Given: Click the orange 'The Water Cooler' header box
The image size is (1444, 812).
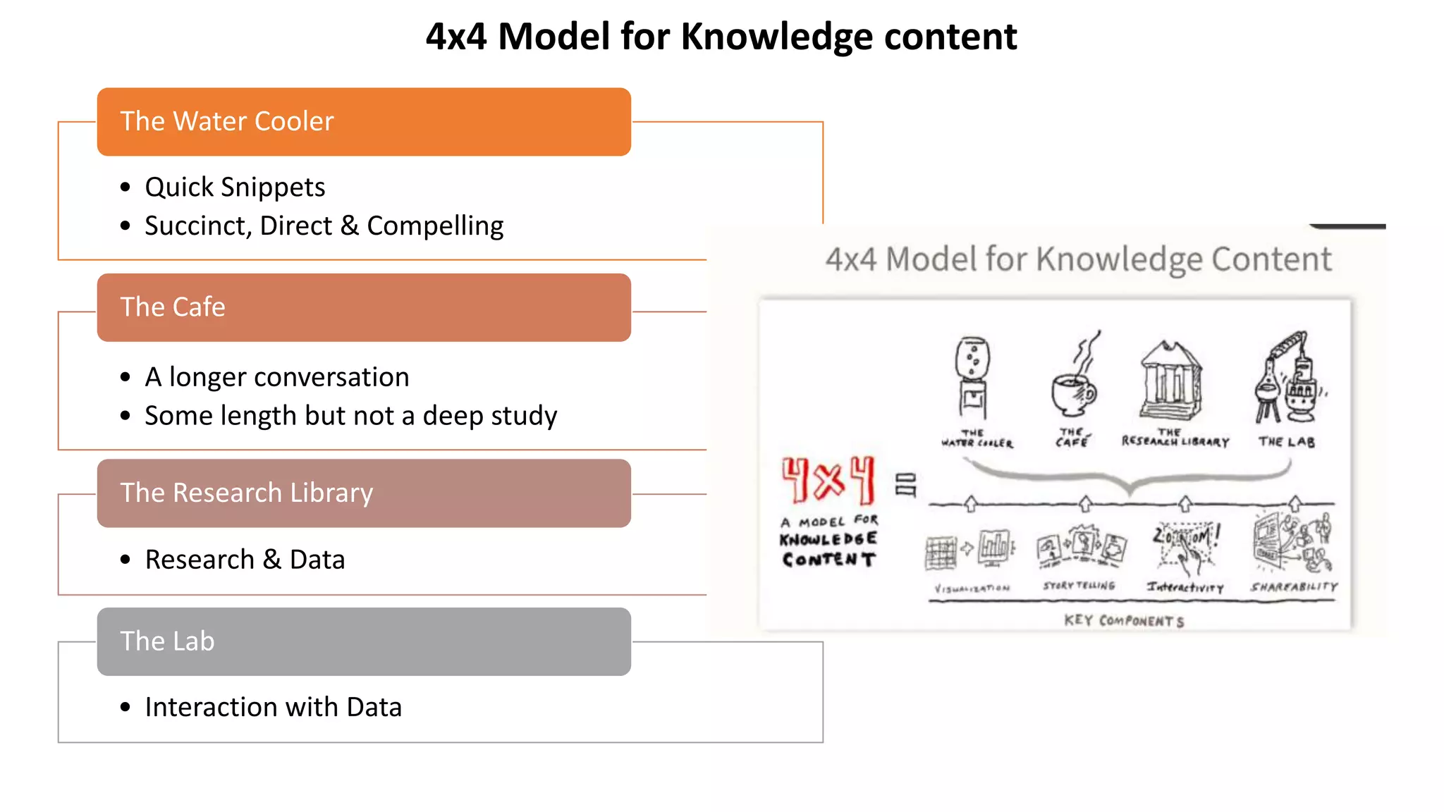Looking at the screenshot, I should coord(364,122).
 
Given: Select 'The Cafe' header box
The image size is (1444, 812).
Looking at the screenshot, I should coord(364,308).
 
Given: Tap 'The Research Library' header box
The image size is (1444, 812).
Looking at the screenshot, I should coord(364,493).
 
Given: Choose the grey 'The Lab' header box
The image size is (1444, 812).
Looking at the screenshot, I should coord(364,641).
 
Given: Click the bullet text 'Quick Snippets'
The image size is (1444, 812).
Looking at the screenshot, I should coord(235,187).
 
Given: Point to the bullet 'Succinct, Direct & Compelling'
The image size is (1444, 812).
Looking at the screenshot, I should coord(324,226).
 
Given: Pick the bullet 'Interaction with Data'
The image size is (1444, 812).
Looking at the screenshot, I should coord(273,708).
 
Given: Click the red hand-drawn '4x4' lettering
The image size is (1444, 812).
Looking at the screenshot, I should coord(828,479).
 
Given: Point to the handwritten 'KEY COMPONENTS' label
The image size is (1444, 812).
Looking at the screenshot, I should coord(1124,621).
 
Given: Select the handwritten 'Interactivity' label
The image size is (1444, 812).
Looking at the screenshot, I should coord(1185,587).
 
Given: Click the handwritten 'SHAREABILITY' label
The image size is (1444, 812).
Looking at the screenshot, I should coord(1294,586).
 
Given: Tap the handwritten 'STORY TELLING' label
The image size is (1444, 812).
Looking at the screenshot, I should coord(1079,586).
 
